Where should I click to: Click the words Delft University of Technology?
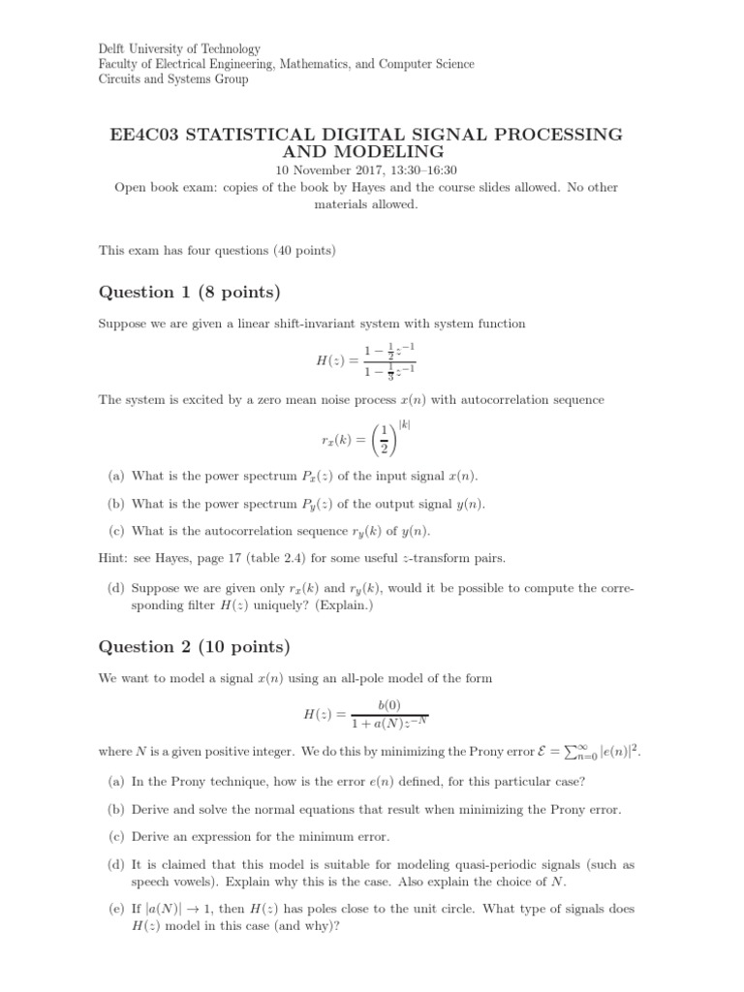click(x=179, y=48)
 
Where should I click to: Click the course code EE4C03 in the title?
click(x=143, y=134)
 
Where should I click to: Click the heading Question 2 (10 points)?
click(x=194, y=646)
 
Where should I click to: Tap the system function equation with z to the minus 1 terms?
click(x=366, y=360)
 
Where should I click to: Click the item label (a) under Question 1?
click(x=115, y=476)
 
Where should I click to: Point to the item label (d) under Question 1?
click(x=115, y=588)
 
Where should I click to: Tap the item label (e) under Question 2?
click(x=115, y=910)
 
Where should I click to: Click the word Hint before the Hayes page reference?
click(x=112, y=557)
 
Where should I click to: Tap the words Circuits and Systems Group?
click(x=174, y=79)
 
